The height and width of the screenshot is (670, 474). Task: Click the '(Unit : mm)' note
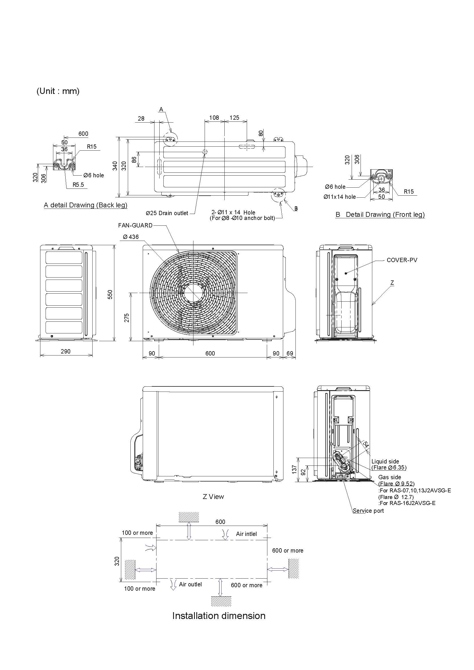58,91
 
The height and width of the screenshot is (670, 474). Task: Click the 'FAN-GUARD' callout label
135,225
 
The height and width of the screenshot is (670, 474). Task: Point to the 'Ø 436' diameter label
131,237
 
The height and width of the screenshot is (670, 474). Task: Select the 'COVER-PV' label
401,260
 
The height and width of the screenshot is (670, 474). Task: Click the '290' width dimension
65,351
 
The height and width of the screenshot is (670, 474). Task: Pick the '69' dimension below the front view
289,353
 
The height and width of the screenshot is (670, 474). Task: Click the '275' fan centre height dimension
127,318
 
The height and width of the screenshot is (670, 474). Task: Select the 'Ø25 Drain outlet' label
167,213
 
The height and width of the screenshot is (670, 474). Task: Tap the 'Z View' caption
213,497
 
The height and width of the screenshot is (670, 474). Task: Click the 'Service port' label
368,511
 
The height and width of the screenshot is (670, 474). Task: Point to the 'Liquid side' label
385,461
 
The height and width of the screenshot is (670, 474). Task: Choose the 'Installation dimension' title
219,616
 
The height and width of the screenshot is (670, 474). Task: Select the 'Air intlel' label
246,534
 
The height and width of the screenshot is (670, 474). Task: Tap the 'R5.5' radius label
78,185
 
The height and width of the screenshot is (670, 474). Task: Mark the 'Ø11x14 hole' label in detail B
339,197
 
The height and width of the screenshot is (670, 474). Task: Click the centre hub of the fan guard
193,293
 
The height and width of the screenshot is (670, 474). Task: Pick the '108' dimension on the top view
214,118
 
